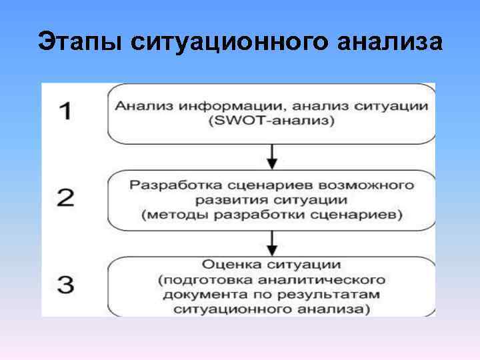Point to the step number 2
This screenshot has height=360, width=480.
point(65,197)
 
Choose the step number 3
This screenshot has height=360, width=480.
point(65,285)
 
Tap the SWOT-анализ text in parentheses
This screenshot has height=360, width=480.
point(271,121)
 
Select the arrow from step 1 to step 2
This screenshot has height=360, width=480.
point(271,157)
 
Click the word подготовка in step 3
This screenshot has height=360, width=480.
point(207,278)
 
